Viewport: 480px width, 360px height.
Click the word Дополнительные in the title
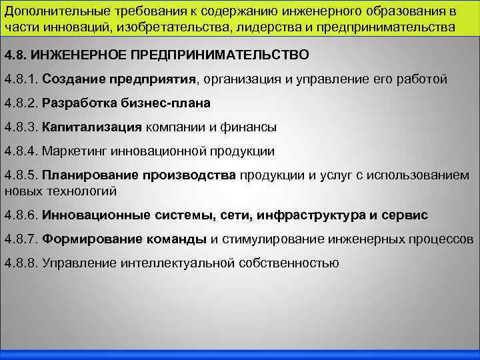(x=49, y=11)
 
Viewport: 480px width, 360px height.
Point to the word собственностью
(x=287, y=263)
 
